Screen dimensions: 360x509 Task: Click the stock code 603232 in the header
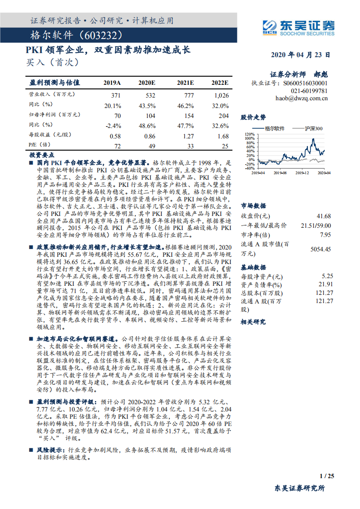click(x=104, y=35)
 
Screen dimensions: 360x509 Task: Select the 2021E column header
click(x=185, y=83)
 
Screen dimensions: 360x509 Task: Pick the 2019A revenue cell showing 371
click(x=116, y=95)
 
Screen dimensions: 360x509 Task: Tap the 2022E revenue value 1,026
click(x=221, y=95)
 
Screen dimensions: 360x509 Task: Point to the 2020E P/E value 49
click(x=152, y=146)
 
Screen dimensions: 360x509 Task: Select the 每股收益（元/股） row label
click(x=49, y=135)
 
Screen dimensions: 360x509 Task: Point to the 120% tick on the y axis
click(x=249, y=135)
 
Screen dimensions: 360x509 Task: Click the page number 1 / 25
click(x=327, y=476)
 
